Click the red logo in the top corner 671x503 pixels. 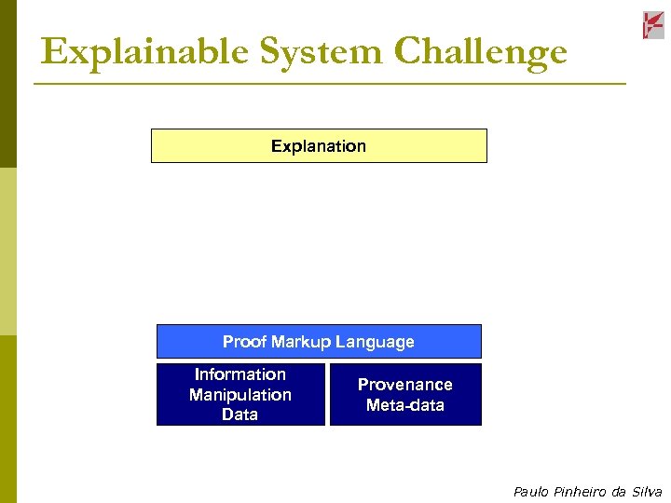[x=653, y=25]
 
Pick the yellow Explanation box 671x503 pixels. [x=319, y=146]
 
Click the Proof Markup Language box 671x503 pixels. [x=319, y=342]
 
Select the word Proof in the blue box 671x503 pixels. [x=244, y=342]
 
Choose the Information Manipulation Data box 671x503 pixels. [x=240, y=395]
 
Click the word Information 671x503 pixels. [x=240, y=374]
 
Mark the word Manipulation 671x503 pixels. [x=240, y=395]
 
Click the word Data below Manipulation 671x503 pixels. [x=240, y=415]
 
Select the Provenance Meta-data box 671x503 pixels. [x=405, y=395]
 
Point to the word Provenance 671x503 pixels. [x=405, y=385]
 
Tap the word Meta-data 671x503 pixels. [x=405, y=405]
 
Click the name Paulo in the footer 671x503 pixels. [x=530, y=492]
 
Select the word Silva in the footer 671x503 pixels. [x=646, y=492]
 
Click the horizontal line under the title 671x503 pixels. [x=330, y=84]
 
